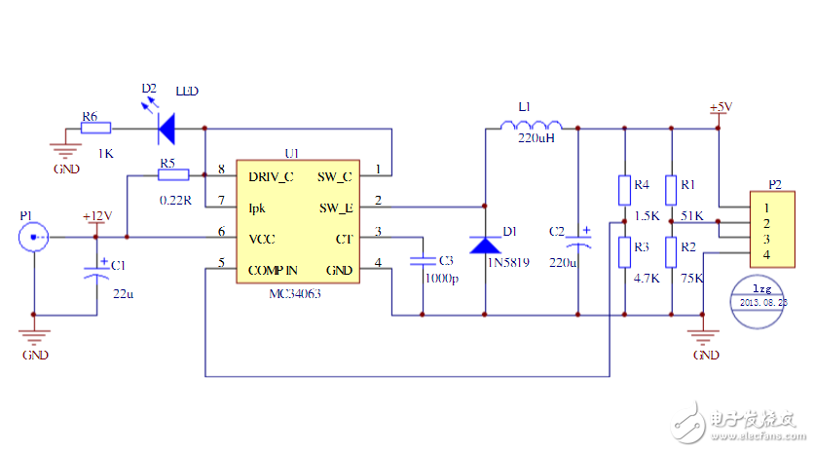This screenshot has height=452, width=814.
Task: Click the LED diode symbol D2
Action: tap(166, 127)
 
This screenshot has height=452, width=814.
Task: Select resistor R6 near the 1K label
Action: tap(96, 128)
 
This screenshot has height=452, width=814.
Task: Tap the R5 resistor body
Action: tap(173, 175)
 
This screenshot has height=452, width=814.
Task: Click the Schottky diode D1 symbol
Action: tap(485, 244)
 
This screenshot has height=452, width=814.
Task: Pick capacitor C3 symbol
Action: tap(423, 260)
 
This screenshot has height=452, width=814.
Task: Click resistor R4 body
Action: tap(624, 189)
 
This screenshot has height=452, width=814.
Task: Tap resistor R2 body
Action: tap(672, 253)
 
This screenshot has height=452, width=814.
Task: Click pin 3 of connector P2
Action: tap(767, 239)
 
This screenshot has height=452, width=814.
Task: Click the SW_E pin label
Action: tap(335, 207)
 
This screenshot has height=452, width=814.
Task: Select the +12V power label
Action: tap(96, 216)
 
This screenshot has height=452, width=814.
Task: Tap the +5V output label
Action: tap(721, 106)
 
